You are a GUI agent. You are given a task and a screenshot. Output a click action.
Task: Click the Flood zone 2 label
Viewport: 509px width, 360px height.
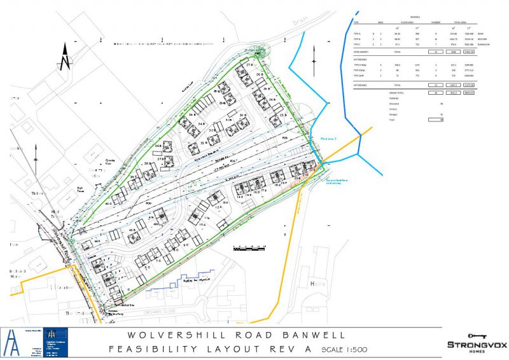tap(328, 137)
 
